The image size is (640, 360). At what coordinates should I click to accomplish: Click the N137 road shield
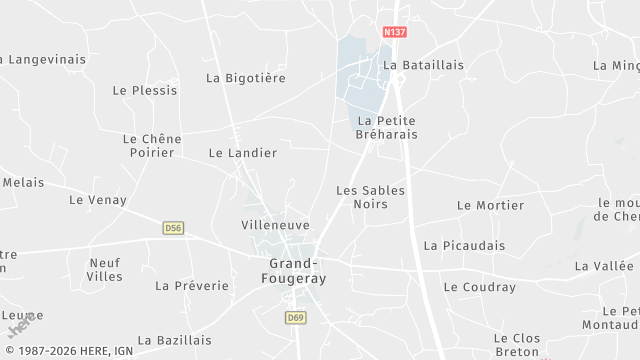click(x=395, y=33)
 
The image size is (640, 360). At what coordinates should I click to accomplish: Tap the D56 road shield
click(x=173, y=228)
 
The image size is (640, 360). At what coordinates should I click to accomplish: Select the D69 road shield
click(x=294, y=317)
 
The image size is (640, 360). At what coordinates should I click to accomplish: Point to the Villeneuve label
click(x=276, y=226)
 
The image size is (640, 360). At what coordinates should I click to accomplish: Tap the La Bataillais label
click(x=424, y=65)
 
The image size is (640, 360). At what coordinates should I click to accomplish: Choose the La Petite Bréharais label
click(x=387, y=127)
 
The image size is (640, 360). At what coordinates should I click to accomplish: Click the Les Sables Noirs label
click(x=362, y=196)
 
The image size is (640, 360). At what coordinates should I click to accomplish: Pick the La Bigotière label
click(x=246, y=77)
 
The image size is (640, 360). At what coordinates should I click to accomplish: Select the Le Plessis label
click(x=145, y=90)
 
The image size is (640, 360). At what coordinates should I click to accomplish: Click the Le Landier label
click(x=243, y=153)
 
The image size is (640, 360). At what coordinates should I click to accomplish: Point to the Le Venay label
click(x=98, y=200)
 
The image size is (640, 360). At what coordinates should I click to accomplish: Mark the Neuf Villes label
click(x=105, y=269)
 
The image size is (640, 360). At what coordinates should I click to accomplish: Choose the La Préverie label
click(x=192, y=286)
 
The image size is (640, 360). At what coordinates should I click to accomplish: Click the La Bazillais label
click(x=175, y=340)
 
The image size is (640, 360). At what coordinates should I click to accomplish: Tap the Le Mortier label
click(x=490, y=205)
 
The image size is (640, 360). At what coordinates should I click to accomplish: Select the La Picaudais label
click(x=464, y=245)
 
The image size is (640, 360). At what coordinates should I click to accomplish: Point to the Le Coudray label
click(x=480, y=287)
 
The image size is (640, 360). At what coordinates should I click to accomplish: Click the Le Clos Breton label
click(x=517, y=345)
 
